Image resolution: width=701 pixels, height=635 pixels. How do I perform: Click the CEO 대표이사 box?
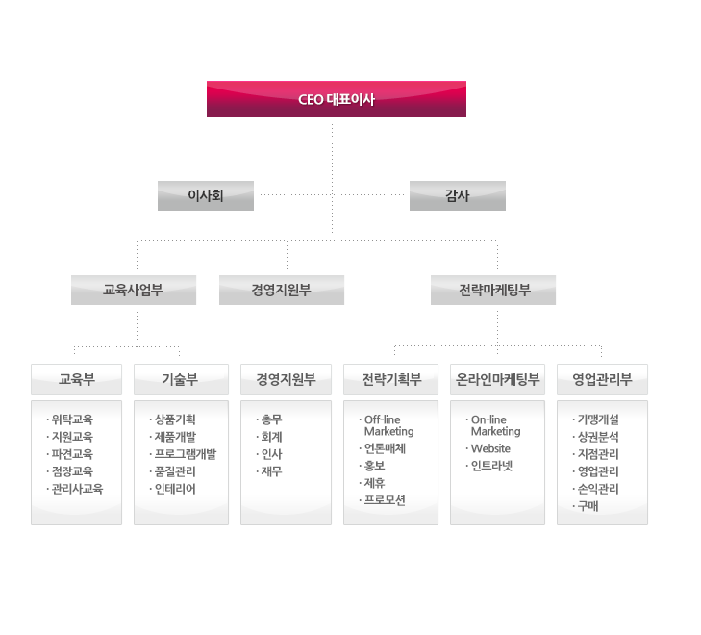[336, 99]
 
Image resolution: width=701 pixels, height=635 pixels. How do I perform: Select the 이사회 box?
[206, 195]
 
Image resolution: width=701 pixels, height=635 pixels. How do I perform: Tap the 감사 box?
[458, 195]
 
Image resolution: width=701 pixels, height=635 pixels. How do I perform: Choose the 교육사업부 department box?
[134, 290]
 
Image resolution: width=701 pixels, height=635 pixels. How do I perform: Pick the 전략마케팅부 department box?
[493, 290]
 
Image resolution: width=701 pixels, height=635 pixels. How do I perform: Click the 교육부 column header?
[77, 379]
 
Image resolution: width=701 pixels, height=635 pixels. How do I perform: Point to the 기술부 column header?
[180, 379]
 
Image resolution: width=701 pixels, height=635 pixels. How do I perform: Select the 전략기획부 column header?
[391, 379]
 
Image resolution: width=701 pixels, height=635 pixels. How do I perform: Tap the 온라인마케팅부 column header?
[497, 379]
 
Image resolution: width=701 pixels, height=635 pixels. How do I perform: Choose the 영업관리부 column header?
[602, 379]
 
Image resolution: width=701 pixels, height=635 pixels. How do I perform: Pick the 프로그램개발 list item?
[186, 454]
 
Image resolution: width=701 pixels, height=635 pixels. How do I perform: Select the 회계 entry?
[271, 437]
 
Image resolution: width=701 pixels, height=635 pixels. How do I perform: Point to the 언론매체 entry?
[386, 448]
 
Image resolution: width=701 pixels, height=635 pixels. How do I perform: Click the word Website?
[490, 448]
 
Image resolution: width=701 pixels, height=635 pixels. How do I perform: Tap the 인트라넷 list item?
[492, 466]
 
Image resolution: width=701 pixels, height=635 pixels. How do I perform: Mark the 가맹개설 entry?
[598, 419]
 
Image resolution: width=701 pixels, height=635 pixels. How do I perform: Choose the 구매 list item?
[588, 506]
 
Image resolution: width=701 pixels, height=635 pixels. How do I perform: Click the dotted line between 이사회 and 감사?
[332, 195]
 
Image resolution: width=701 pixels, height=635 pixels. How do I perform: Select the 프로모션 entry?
[386, 500]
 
